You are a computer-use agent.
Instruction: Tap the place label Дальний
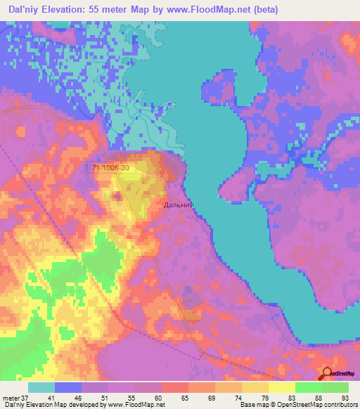178,205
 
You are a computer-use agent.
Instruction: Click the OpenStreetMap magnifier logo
328,374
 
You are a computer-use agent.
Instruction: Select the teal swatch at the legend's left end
41,387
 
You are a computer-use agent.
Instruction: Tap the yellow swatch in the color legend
281,387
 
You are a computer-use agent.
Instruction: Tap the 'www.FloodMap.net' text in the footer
141,405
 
